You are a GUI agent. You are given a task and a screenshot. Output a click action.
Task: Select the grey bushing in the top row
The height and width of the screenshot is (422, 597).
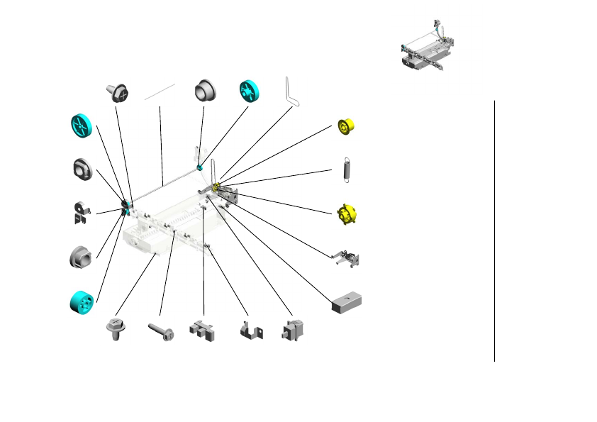click(x=205, y=91)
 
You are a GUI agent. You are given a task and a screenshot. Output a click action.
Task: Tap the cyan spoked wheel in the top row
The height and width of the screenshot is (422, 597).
click(x=250, y=91)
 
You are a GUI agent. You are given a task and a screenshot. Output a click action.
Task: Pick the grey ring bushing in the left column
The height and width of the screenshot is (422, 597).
click(x=83, y=169)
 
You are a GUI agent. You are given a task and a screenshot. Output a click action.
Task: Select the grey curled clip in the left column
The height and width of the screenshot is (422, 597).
click(x=82, y=212)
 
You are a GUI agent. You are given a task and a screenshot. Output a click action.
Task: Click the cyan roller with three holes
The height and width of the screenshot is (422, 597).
click(x=82, y=301)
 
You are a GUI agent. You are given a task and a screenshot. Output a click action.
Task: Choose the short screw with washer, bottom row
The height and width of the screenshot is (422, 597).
click(x=115, y=329)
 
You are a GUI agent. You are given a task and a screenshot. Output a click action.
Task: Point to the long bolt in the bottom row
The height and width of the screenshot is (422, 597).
click(x=161, y=331)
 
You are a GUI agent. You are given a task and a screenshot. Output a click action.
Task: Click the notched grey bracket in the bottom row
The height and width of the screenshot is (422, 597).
click(x=202, y=331)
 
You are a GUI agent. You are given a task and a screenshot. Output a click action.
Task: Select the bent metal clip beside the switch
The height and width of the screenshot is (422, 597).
click(x=249, y=331)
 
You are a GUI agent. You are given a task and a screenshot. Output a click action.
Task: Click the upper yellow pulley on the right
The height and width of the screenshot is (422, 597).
click(x=345, y=126)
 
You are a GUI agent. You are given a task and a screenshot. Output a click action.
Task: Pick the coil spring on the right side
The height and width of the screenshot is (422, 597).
click(x=346, y=170)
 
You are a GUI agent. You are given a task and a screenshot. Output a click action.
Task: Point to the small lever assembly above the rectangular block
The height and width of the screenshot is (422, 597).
click(x=346, y=258)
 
